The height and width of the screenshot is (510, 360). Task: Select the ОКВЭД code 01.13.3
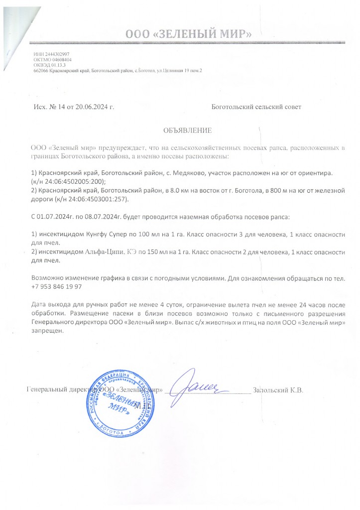coord(58,65)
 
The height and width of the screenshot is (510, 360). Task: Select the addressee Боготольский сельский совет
coord(256,107)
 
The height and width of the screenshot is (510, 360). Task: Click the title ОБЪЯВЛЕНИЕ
coord(188,130)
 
